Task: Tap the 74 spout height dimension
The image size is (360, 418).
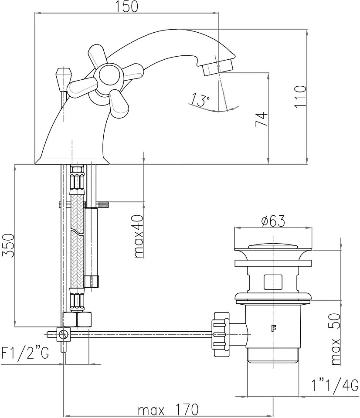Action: [x=260, y=119]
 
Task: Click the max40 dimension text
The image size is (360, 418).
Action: [x=139, y=236]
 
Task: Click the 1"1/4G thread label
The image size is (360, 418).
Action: [x=335, y=385]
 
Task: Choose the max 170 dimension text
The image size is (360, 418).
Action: [x=168, y=410]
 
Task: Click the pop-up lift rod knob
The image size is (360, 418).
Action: [x=63, y=76]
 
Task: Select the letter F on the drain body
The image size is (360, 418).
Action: [x=274, y=329]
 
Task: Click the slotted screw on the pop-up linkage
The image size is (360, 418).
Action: [x=64, y=335]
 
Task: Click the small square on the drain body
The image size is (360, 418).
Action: [x=273, y=282]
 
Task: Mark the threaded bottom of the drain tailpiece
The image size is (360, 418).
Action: [x=273, y=355]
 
